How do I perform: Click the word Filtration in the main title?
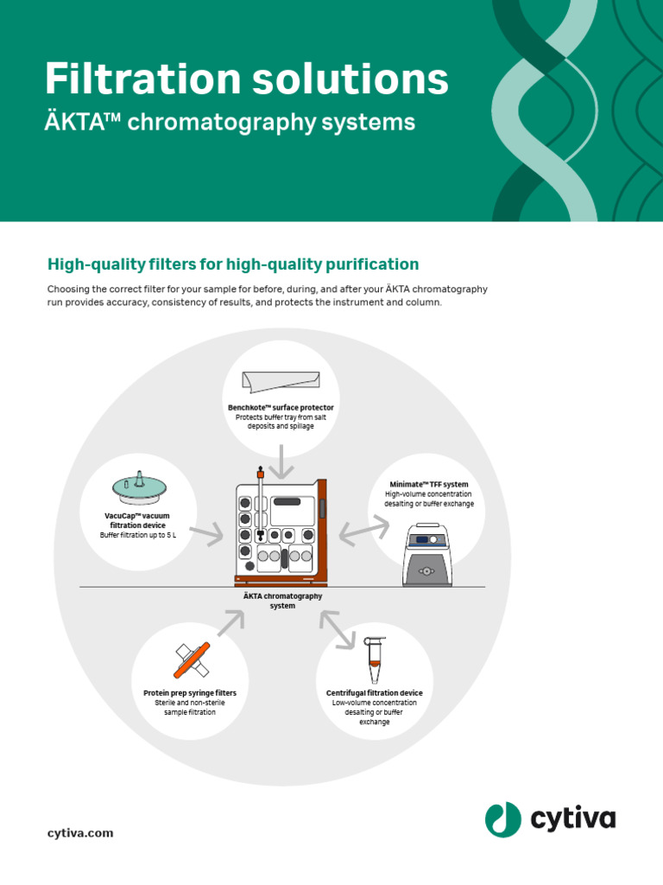click(137, 80)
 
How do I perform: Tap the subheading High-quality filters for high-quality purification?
click(233, 264)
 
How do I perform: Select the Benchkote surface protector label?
click(281, 407)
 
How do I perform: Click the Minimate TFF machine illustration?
click(428, 555)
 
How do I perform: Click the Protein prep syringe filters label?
click(190, 693)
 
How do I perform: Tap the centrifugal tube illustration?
click(374, 661)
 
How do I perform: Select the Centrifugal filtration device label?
click(374, 693)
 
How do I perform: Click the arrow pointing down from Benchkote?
click(280, 460)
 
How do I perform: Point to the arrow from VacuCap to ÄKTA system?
click(207, 537)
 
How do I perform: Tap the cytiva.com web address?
click(79, 833)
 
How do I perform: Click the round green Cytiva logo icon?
click(502, 818)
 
